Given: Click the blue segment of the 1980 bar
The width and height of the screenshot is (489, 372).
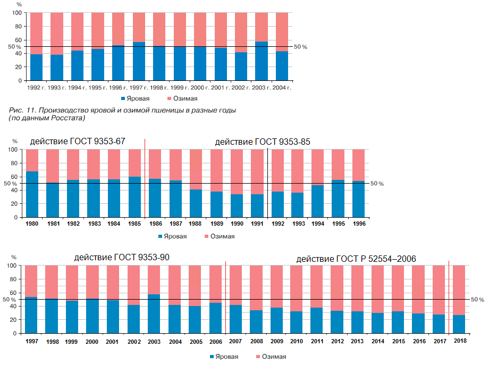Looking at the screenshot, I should tap(32, 194).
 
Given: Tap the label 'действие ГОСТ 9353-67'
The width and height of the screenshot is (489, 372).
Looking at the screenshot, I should tap(78, 142).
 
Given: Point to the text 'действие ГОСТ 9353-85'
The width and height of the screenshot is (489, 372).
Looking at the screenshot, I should tap(262, 142).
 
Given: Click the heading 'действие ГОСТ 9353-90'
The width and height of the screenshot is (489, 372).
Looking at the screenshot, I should tap(122, 258).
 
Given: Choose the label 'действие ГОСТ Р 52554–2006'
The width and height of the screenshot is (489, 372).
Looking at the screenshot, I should tap(356, 259).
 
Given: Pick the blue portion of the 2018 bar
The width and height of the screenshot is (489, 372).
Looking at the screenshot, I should tap(459, 324).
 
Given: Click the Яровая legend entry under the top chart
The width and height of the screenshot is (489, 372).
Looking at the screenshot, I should tap(135, 98).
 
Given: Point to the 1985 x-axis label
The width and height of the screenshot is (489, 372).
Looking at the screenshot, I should tap(134, 224).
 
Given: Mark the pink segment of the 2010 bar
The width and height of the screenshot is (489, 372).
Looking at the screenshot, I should tap(296, 288).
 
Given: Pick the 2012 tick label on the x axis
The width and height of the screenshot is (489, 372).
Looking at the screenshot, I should tap(336, 340).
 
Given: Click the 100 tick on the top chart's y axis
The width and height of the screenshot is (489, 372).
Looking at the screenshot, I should tap(16, 13).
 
